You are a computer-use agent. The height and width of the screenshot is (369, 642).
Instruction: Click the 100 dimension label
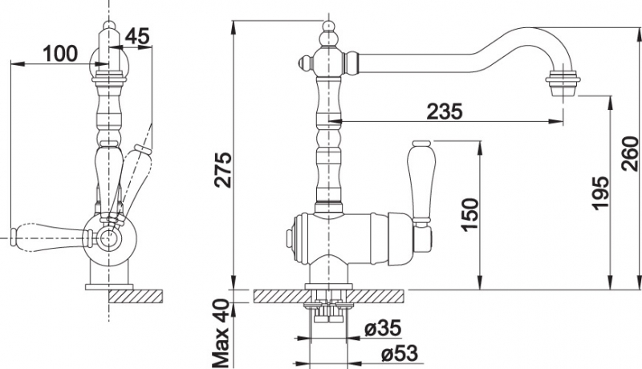coord(59,53)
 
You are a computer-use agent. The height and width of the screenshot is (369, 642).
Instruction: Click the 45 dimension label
coord(137,37)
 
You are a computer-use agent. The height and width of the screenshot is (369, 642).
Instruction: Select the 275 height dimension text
coord(224,170)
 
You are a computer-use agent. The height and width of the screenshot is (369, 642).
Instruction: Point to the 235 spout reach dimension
coord(445,111)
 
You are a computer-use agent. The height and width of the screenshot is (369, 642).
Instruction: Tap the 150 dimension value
coord(470,215)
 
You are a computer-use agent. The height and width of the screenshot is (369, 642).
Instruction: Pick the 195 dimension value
coord(601,193)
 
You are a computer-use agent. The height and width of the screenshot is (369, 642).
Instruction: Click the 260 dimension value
coord(630,154)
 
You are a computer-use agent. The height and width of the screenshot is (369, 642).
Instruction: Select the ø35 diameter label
coord(383,328)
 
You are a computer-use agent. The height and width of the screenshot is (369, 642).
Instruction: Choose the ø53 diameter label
coord(399,354)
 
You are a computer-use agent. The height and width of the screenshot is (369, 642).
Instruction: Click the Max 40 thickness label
coord(221,333)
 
